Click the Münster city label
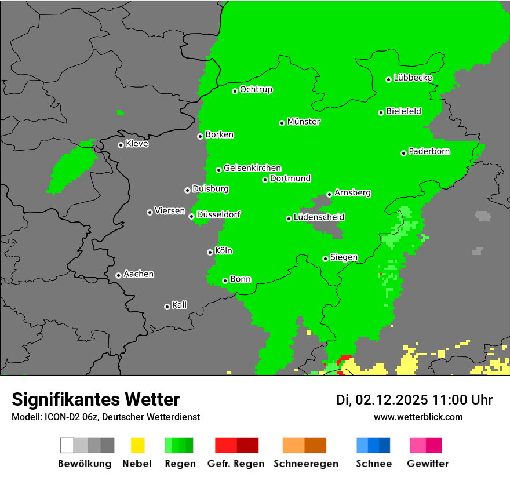coord(304,122)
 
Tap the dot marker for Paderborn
coord(403,153)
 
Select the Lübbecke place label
coord(413,78)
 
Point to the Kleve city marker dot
coord(121,145)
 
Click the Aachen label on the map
coord(139,274)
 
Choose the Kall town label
coord(180,305)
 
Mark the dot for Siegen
coord(325,258)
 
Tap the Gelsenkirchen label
coord(252,168)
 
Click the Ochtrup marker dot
coord(235,91)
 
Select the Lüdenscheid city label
coord(319,217)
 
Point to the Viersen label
coord(170,211)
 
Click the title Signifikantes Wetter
coord(96,399)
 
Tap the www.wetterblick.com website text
coord(418,417)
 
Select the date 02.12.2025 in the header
coord(392,400)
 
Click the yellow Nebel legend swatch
coord(137,445)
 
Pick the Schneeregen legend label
coord(304,464)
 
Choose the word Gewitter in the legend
coord(427,464)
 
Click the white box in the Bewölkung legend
coord(67,445)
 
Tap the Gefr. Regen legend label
coord(235,464)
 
